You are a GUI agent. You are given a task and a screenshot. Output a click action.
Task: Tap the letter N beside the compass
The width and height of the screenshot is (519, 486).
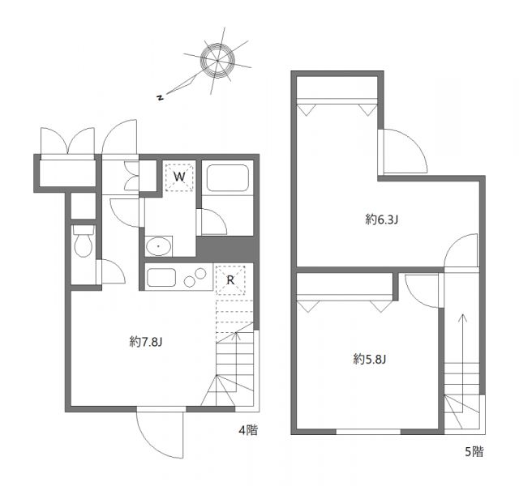click(x=161, y=98)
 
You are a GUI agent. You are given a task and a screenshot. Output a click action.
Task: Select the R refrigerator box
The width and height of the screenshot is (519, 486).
click(x=230, y=279)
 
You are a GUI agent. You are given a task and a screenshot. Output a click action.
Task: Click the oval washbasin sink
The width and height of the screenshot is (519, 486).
click(x=157, y=245)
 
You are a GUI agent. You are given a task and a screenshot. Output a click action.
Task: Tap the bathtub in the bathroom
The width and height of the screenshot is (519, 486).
click(x=226, y=177)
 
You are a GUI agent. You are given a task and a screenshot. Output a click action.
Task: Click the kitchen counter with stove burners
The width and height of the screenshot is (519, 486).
click(x=179, y=277)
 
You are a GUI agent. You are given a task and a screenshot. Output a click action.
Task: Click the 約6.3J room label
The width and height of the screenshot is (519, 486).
click(x=381, y=219)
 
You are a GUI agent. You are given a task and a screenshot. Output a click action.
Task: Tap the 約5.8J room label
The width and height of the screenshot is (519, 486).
click(x=370, y=358)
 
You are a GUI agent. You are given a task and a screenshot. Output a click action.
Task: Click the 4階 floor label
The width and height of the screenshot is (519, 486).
click(x=248, y=430)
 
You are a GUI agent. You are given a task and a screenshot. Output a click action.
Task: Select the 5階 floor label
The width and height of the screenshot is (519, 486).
click(x=473, y=452)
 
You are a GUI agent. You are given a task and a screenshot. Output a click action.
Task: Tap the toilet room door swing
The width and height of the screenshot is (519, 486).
click(x=111, y=272)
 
